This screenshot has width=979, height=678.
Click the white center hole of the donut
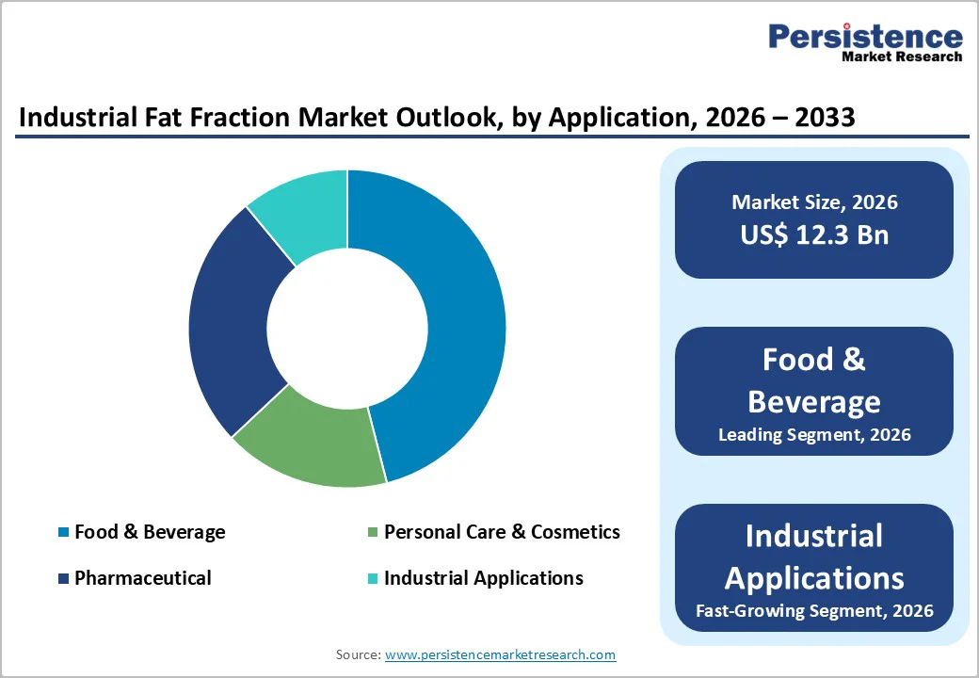(346, 328)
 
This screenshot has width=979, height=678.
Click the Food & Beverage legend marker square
(64, 533)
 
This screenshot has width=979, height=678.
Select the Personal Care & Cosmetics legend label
(502, 532)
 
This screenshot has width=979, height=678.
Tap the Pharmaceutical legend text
(143, 578)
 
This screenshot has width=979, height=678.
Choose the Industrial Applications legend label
(483, 578)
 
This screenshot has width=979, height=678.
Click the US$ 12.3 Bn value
(814, 234)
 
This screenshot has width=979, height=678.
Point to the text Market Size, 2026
(814, 202)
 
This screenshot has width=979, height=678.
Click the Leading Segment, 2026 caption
(814, 435)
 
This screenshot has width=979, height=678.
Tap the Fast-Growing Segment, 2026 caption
(814, 611)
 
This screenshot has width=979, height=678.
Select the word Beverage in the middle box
(814, 401)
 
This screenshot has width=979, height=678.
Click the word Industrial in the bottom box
(814, 536)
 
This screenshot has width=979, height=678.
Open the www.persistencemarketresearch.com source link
(501, 654)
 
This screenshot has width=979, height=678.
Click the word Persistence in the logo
(865, 37)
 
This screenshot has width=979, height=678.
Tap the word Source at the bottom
(358, 654)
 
